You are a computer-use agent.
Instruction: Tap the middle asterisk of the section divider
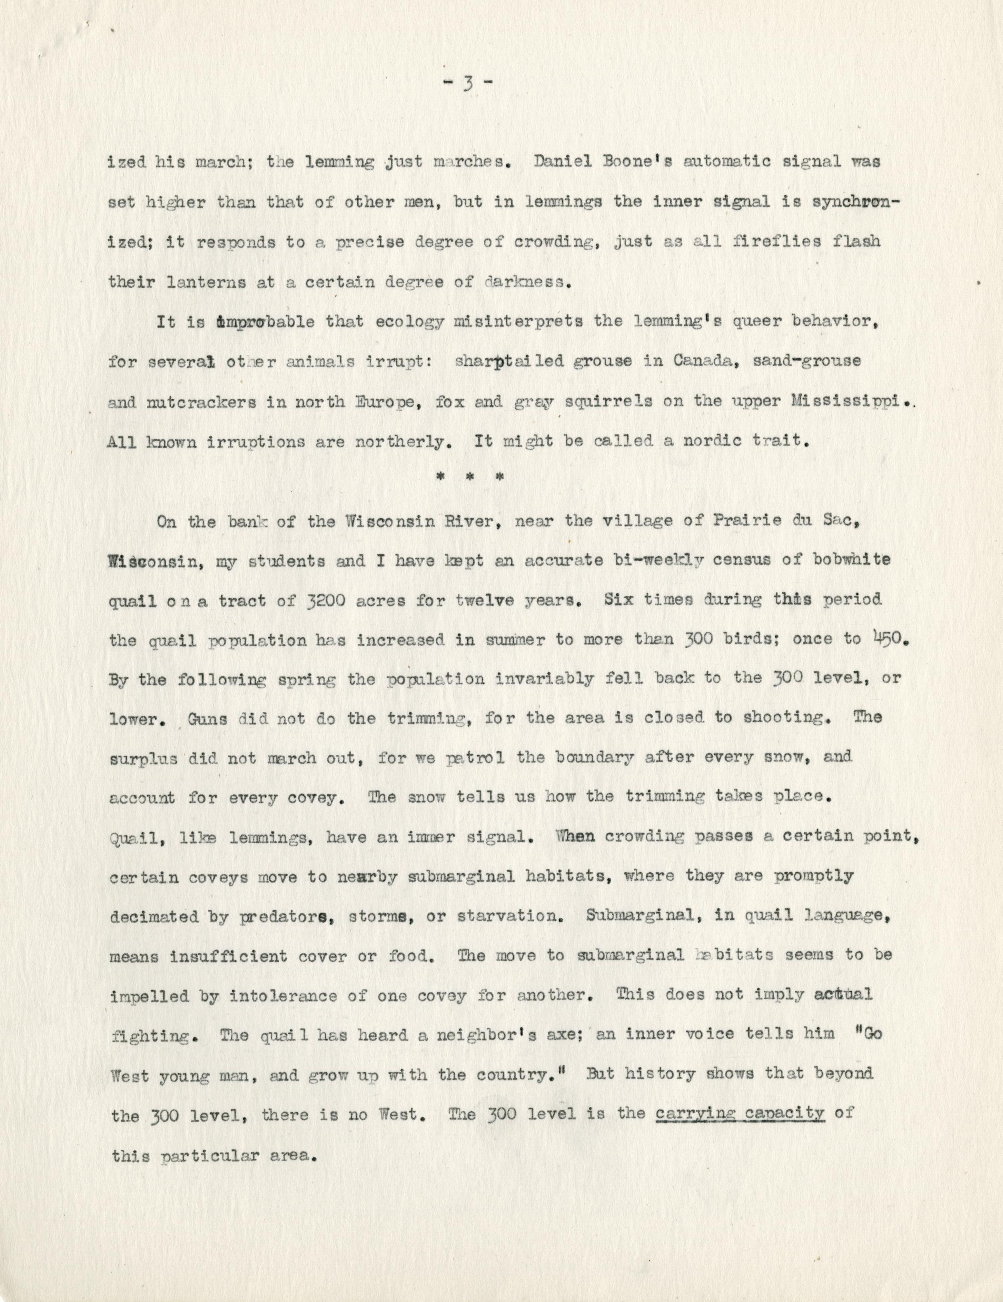[474, 477]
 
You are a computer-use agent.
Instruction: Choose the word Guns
[208, 718]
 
